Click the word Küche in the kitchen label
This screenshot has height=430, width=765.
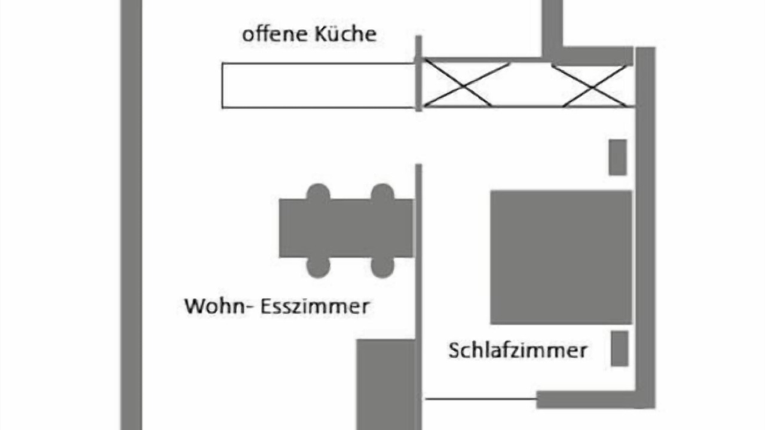coord(345,34)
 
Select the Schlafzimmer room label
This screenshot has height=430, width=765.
coord(518,351)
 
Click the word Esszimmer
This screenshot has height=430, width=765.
coord(315,306)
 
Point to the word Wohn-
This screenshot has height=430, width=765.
coord(219,306)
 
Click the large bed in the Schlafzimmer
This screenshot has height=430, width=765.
coord(561,257)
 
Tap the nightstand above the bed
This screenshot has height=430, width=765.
coord(618,157)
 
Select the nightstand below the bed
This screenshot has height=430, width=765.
coord(620,348)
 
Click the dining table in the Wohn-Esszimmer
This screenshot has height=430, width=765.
coord(346,228)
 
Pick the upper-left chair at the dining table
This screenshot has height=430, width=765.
coord(319,192)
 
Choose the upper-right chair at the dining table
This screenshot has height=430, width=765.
coord(382,192)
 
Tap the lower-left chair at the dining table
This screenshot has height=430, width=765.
coord(319,268)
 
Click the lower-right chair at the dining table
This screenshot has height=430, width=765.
coord(382,268)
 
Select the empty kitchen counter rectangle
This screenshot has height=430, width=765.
coord(319,85)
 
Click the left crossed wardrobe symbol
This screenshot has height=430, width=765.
coord(466,84)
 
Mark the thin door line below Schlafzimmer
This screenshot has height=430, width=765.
coord(481,398)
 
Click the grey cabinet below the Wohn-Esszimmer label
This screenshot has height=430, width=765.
coord(386,385)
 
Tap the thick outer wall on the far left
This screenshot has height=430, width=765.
coord(131,215)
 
